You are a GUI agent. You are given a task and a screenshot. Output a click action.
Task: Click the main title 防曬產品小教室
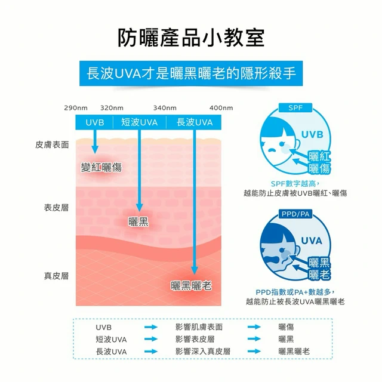pos(191,38)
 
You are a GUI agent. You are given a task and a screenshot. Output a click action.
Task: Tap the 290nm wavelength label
pos(76,107)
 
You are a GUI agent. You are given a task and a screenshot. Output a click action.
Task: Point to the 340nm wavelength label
pos(165,107)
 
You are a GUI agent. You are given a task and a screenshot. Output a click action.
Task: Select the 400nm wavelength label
pos(221,107)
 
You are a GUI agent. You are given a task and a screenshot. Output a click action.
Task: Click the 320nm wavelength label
pos(112,107)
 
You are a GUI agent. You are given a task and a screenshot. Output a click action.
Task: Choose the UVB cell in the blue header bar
pos(95,122)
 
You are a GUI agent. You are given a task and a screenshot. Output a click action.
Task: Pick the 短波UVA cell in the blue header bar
pos(140,122)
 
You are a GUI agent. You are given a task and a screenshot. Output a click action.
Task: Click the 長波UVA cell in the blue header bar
pos(194,122)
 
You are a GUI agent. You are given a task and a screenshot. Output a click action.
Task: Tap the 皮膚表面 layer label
pos(52,144)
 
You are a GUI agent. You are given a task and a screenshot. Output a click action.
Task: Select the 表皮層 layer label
pos(56,208)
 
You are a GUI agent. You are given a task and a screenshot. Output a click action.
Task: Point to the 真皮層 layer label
pos(56,276)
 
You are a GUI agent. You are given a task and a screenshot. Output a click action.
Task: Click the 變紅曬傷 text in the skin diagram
pos(101,167)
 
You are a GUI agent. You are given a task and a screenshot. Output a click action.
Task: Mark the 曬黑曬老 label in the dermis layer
pos(191,285)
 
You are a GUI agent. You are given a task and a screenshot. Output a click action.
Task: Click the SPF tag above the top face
pos(295,107)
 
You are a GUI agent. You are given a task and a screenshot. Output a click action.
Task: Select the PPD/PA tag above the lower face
pos(295,214)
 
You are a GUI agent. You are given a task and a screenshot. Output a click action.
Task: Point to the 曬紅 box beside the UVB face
pos(319,156)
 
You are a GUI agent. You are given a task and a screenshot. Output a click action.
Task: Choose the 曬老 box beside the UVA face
pos(319,275)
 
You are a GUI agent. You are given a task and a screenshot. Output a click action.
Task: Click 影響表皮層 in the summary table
pos(195,339)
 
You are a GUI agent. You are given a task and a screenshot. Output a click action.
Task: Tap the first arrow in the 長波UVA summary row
pos(151,352)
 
